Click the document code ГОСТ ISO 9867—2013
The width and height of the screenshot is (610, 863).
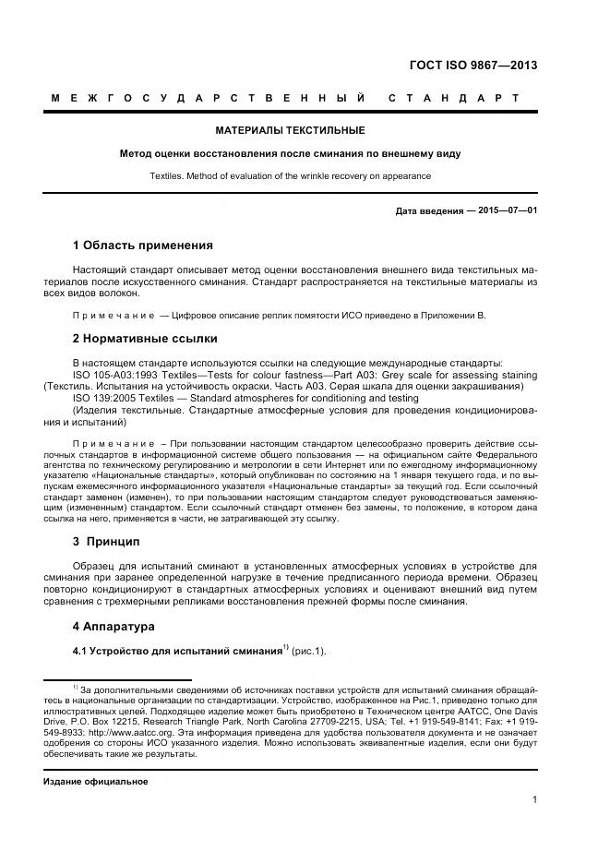pyautogui.click(x=472, y=66)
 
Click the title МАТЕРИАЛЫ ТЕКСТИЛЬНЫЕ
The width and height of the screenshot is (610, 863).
pyautogui.click(x=290, y=130)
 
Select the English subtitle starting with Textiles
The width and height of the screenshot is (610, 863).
pyautogui.click(x=290, y=175)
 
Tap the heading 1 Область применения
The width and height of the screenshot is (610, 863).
pyautogui.click(x=142, y=246)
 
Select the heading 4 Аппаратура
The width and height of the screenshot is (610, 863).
pyautogui.click(x=114, y=627)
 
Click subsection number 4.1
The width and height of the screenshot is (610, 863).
pyautogui.click(x=81, y=652)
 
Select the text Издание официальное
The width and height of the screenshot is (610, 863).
pyautogui.click(x=96, y=782)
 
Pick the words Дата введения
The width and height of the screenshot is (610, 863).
pyautogui.click(x=429, y=211)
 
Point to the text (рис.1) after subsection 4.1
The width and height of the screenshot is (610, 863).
pyautogui.click(x=309, y=652)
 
